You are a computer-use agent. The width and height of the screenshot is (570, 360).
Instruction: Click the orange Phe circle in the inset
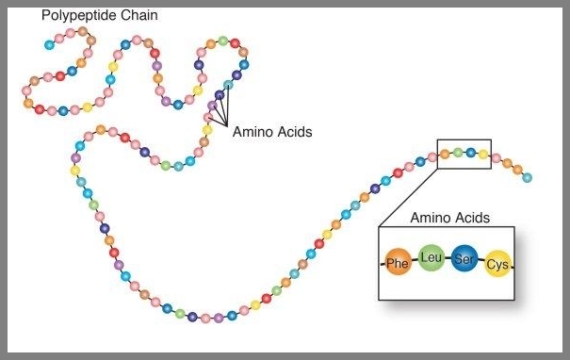[x=398, y=263]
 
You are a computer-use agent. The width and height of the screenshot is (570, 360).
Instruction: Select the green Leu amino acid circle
[x=431, y=257]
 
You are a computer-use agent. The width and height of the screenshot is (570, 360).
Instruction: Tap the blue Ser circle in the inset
[x=464, y=258]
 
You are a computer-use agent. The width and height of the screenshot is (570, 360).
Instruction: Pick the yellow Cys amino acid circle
[x=497, y=264]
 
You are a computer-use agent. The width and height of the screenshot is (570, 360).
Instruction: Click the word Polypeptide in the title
[x=80, y=17]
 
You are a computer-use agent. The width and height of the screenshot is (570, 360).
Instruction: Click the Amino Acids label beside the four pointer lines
[x=271, y=132]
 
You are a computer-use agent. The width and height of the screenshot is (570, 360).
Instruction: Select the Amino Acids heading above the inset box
[x=449, y=218]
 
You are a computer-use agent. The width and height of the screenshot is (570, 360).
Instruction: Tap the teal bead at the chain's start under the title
[x=49, y=44]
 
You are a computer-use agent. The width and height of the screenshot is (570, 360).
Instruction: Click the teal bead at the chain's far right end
[x=527, y=177]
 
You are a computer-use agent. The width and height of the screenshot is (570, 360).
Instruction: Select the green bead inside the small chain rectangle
[x=458, y=152]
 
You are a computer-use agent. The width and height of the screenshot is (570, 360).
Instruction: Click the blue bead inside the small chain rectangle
[x=470, y=152]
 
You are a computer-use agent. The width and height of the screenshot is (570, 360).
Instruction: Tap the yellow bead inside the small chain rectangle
[x=482, y=153]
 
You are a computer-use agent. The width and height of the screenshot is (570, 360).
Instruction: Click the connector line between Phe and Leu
[x=414, y=261]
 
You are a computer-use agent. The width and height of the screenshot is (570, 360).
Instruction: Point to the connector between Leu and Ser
[x=447, y=257]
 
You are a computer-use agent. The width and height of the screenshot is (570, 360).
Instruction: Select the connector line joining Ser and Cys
[x=480, y=261]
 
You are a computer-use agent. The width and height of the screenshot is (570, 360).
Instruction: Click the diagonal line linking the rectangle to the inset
[x=408, y=197]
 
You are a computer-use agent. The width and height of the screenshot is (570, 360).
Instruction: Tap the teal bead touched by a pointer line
[x=227, y=85]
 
